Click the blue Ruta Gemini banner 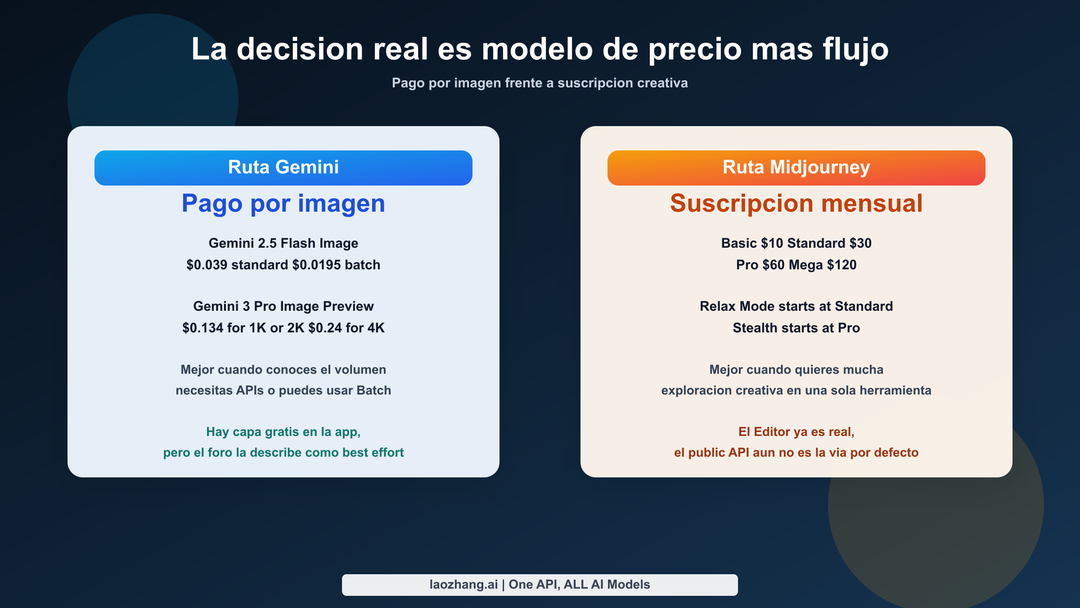(x=283, y=168)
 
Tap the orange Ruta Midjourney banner (x=796, y=168)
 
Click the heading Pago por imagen (x=283, y=204)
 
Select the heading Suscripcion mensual (x=796, y=204)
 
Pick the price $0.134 (x=202, y=328)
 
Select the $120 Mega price (x=841, y=265)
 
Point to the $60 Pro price (x=774, y=265)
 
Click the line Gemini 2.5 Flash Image (x=283, y=243)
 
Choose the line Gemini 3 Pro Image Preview (x=283, y=306)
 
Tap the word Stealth (x=753, y=328)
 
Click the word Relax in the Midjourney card (x=718, y=306)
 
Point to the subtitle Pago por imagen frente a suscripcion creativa (x=540, y=83)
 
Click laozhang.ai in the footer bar (x=463, y=585)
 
